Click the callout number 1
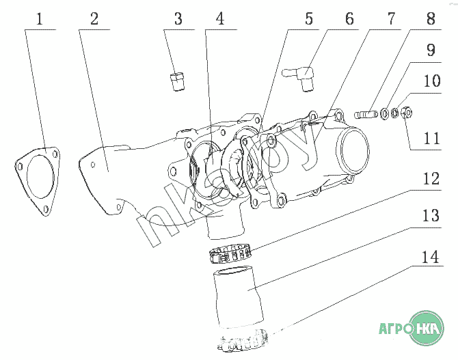(40, 19)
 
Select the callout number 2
(94, 19)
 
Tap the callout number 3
(178, 19)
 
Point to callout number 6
(349, 19)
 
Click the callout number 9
(431, 50)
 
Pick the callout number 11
(432, 139)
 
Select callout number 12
(431, 179)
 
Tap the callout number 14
(431, 258)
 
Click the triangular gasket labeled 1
(38, 181)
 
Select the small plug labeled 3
(177, 82)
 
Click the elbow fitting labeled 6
(301, 77)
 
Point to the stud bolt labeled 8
(366, 113)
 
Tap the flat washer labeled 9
(384, 113)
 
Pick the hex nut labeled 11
(406, 113)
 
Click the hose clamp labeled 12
(230, 253)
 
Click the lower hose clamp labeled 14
(243, 340)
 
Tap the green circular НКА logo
(427, 328)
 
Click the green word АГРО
(394, 328)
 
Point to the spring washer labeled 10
(394, 113)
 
